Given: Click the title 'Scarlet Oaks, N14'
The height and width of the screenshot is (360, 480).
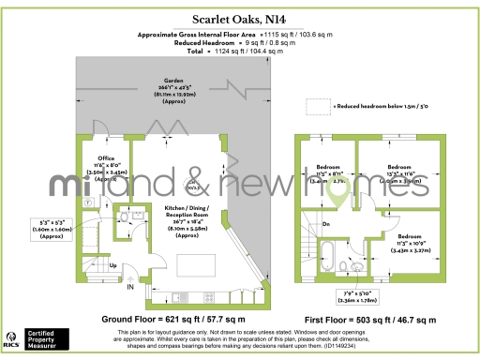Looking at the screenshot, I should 240,18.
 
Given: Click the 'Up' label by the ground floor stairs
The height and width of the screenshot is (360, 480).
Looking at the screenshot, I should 114,267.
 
